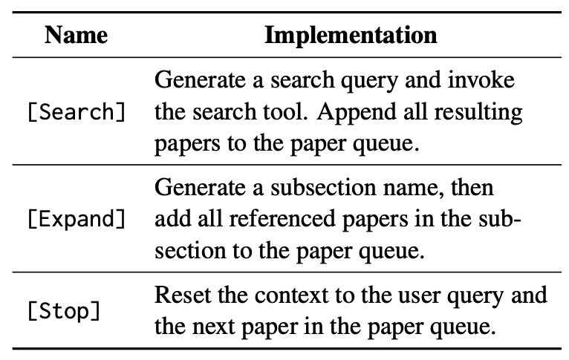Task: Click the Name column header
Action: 77,35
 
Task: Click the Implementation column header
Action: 351,35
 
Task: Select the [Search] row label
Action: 77,111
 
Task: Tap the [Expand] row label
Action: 77,219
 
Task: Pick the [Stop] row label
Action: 64,311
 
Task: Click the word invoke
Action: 481,79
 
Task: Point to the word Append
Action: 356,111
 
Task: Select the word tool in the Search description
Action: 285,111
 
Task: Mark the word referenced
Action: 282,219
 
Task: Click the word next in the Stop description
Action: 213,327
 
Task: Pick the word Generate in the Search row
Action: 200,79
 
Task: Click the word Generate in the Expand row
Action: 200,188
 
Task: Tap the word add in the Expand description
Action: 172,219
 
